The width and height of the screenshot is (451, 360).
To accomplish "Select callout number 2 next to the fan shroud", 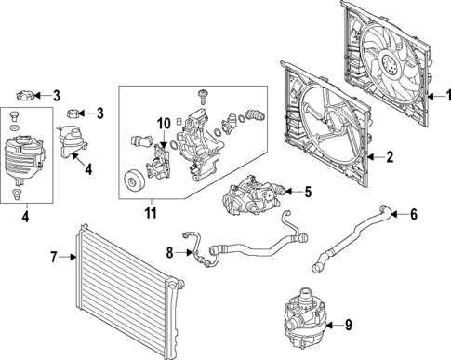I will coord(390,157).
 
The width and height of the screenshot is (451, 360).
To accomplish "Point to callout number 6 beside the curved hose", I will coord(414,215).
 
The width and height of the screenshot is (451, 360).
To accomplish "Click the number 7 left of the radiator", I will coord(53,255).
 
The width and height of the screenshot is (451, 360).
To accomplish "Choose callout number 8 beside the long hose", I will coord(169,251).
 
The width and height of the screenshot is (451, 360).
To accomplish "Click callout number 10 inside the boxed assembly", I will coord(164,123).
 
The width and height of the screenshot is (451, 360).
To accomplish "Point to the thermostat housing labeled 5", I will coord(251,196).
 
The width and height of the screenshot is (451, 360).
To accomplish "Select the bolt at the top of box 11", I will coord(202,96).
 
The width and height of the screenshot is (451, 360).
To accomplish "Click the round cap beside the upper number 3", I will coord(26,94).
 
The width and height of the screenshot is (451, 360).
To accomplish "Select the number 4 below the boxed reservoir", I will coord(25,220).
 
